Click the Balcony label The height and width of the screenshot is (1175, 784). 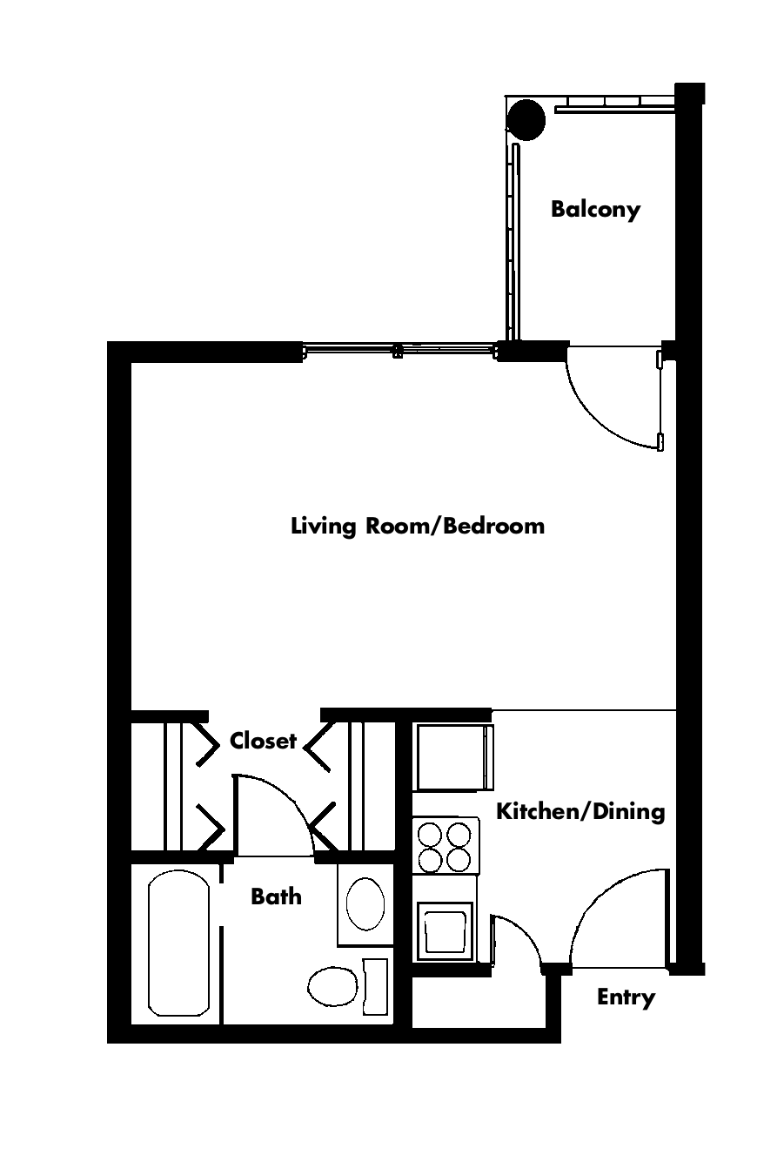595,210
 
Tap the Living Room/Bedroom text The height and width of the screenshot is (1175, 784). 418,526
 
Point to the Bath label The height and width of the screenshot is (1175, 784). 277,896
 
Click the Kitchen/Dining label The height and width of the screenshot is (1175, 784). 580,811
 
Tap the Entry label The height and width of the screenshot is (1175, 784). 627,997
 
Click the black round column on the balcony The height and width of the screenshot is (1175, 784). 526,120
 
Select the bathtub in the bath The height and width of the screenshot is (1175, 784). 179,943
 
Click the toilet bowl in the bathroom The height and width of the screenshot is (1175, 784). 332,986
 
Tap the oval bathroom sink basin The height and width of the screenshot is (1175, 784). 365,904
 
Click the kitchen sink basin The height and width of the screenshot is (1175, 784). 446,932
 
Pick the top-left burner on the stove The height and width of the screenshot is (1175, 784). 431,834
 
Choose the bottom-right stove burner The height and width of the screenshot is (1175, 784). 458,860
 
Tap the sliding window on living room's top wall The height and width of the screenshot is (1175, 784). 399,351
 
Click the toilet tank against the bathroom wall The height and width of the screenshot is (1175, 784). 375,986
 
